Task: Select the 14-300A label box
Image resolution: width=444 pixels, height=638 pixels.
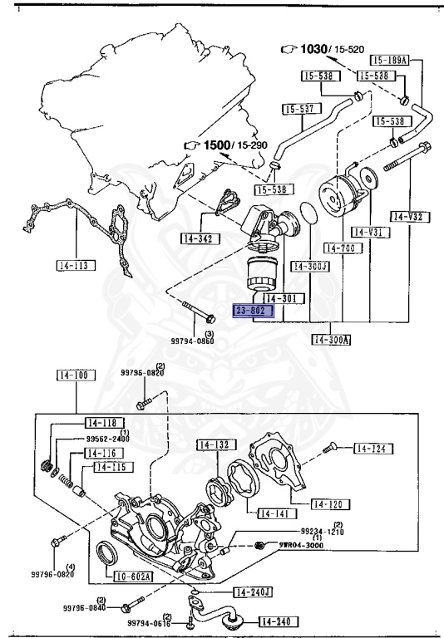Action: (333, 339)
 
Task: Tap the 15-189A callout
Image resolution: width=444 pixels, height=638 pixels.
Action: (389, 61)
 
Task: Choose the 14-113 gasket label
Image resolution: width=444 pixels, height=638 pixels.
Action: (76, 266)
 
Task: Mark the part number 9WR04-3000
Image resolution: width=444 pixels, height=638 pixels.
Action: (297, 545)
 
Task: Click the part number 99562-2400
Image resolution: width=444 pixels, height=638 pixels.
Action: (108, 439)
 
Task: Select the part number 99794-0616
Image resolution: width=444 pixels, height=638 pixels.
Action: (149, 622)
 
